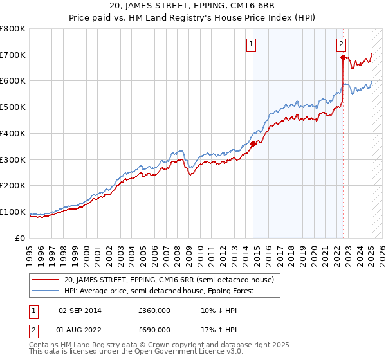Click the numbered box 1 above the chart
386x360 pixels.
pos(252,44)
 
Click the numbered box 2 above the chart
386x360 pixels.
pos(341,44)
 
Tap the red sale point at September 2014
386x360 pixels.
pos(253,144)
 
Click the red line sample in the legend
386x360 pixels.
pos(46,280)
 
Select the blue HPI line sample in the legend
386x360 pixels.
pos(46,291)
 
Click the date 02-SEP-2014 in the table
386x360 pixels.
pos(80,310)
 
